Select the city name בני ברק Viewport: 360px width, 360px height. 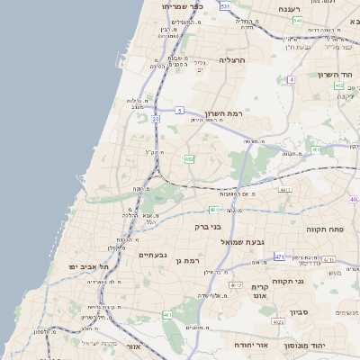[208, 227]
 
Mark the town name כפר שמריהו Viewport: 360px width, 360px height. [183, 6]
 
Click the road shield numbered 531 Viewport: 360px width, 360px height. [224, 6]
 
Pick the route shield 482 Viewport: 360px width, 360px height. [189, 159]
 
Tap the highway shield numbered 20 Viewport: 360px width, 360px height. [155, 117]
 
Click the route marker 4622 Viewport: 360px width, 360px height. [277, 321]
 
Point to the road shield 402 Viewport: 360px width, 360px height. [338, 85]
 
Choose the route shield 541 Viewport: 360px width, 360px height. [297, 19]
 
